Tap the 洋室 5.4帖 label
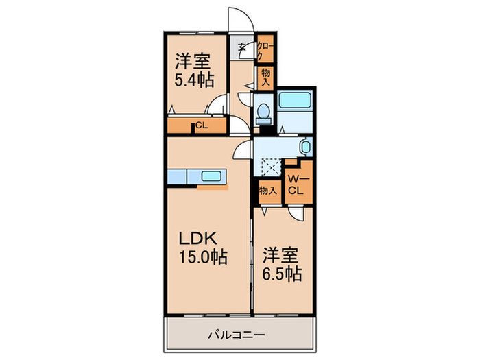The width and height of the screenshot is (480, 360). click(191, 69)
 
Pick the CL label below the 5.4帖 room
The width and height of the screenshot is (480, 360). click(201, 125)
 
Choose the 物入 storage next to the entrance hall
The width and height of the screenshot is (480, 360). click(266, 77)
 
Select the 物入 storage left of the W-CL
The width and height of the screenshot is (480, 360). click(267, 191)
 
